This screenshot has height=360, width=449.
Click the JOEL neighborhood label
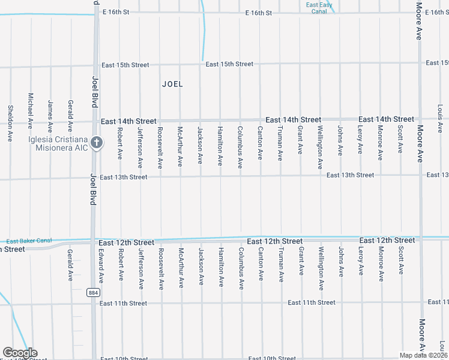172,85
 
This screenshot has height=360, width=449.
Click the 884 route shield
92,292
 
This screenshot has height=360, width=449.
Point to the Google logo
19,353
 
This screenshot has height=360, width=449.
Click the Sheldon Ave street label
10,123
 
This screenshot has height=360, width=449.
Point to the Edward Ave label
101,266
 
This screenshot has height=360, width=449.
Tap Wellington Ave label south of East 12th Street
321,268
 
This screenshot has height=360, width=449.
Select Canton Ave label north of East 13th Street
260,143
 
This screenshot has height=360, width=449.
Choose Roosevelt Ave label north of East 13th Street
160,148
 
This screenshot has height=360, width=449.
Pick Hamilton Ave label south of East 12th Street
221,266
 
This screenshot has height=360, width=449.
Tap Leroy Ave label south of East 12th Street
361,261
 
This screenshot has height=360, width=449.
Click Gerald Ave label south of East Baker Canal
70,262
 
